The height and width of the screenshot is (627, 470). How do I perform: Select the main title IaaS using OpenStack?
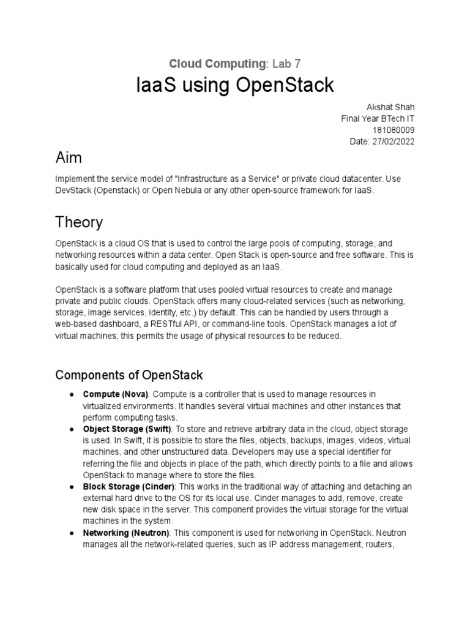tap(235, 86)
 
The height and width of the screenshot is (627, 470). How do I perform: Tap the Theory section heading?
tap(79, 221)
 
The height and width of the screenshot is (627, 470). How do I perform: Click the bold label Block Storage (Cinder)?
tap(129, 487)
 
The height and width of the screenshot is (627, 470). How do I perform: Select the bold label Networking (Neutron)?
tap(125, 533)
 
